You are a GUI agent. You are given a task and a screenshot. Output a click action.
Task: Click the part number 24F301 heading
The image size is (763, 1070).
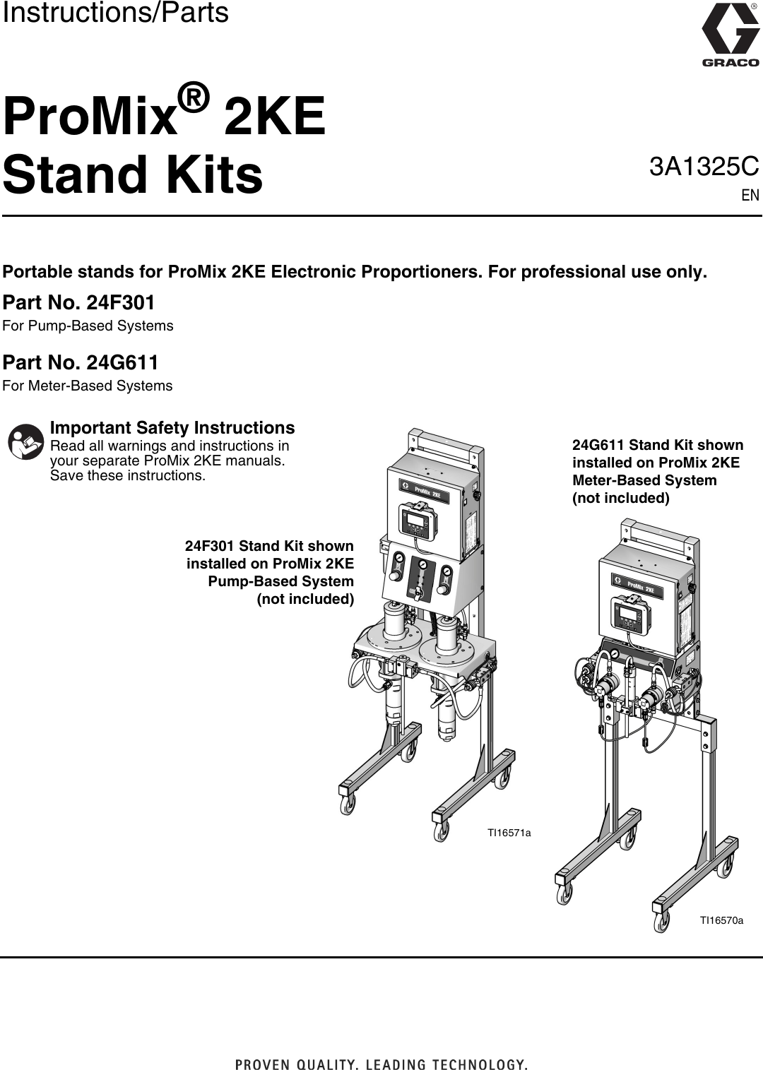click(x=79, y=303)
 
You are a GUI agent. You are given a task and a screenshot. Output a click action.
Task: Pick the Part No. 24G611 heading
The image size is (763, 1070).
click(x=81, y=363)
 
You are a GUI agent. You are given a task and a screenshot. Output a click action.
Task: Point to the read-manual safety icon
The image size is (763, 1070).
click(x=25, y=442)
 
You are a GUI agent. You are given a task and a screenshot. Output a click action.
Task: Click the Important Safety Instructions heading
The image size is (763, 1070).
click(x=172, y=428)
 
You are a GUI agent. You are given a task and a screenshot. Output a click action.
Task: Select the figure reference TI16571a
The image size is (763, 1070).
click(x=509, y=833)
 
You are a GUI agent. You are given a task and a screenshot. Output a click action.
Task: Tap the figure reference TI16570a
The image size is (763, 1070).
click(x=721, y=920)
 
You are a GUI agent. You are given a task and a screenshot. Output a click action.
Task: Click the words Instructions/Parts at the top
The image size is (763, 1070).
click(x=115, y=13)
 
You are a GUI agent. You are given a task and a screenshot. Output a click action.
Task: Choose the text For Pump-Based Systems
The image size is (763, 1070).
click(x=88, y=326)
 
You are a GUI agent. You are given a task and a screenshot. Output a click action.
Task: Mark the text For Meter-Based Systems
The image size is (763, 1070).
click(x=88, y=386)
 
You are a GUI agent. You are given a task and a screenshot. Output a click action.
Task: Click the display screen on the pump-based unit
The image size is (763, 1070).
click(x=416, y=522)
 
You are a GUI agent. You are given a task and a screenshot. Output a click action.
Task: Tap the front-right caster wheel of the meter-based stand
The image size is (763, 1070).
click(x=660, y=922)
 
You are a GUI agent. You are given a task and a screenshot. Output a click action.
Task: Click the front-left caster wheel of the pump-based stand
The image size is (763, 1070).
click(x=347, y=804)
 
